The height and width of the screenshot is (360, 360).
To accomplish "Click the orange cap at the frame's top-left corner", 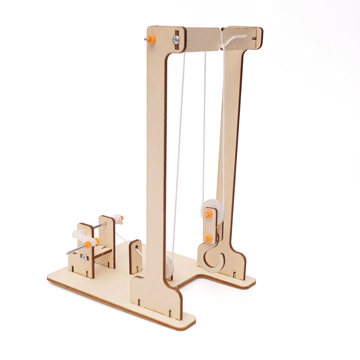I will [x=151, y=39].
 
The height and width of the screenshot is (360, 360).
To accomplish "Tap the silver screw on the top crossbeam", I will [x=175, y=40].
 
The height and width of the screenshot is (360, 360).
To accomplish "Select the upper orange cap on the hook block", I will [x=208, y=214].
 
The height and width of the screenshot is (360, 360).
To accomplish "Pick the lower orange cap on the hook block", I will [x=208, y=238].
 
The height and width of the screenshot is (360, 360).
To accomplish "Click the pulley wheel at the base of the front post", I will [x=169, y=266].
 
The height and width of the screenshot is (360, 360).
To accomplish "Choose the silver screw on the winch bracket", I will [x=84, y=257].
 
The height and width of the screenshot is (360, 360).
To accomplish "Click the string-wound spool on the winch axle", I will [x=118, y=220].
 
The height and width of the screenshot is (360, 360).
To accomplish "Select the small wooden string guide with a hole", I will [x=135, y=256].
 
